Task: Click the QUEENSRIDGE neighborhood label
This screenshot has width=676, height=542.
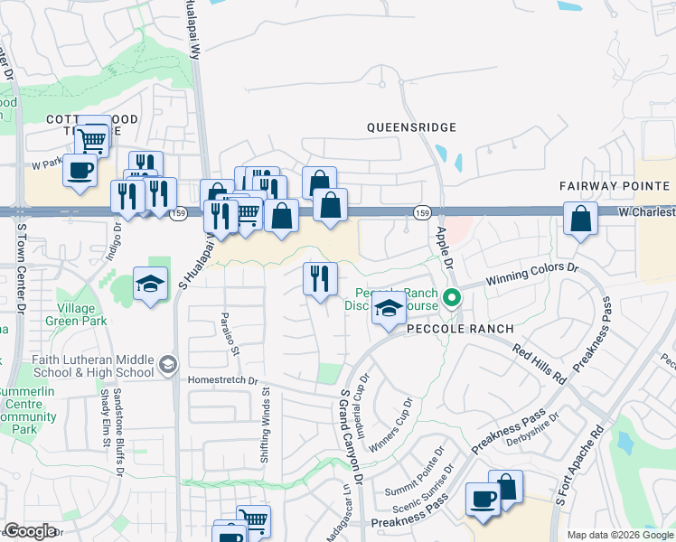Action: [411, 128]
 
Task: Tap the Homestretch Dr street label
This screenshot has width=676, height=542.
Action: [222, 380]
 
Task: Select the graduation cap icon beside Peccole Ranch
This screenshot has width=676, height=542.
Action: [389, 310]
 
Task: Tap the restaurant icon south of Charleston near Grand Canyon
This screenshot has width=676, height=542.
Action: [319, 277]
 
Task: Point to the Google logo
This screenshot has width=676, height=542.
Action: [30, 531]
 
